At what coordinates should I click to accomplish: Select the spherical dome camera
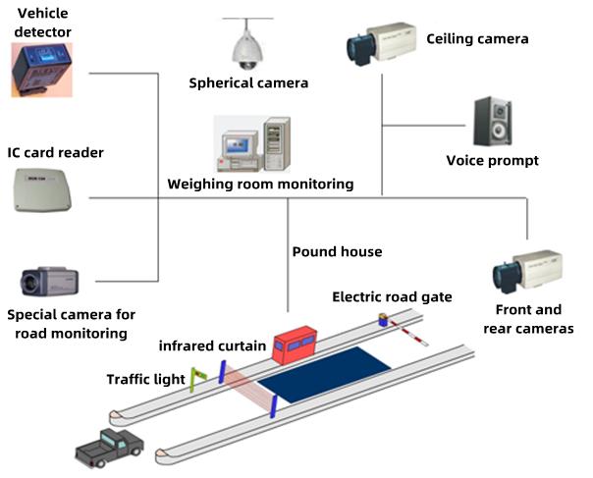pos(244,44)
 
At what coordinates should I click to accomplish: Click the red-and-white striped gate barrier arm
pos(409,331)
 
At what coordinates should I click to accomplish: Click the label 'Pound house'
pos(337,251)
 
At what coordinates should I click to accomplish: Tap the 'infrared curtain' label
pos(213,345)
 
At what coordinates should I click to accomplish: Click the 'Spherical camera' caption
pos(248,83)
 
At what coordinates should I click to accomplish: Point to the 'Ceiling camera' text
pos(477,39)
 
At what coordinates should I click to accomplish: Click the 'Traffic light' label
pos(146,379)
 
